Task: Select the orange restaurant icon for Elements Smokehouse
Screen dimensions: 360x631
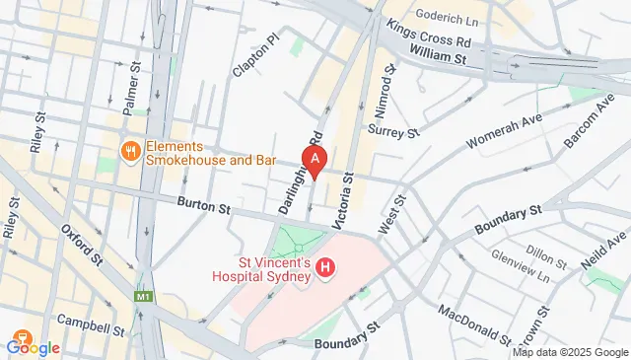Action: tap(128, 151)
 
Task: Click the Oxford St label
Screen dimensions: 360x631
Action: tap(83, 243)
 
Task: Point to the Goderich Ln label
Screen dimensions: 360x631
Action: tap(448, 16)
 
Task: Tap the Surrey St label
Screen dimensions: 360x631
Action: tap(393, 130)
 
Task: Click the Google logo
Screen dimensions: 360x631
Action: tap(33, 346)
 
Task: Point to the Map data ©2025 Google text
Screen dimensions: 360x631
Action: tap(570, 352)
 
